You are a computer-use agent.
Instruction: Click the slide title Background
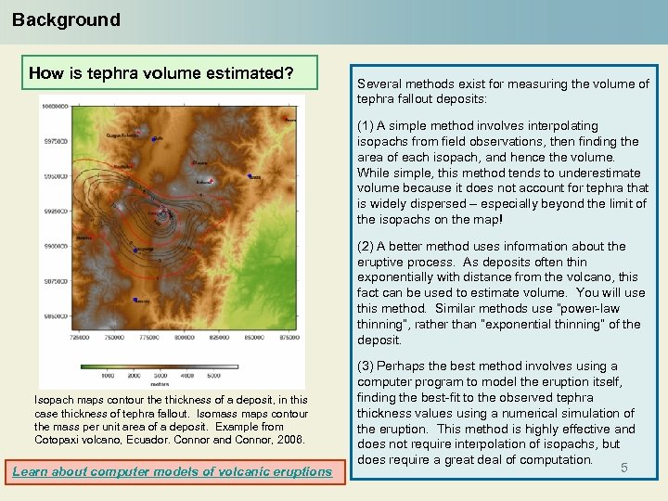tap(66, 19)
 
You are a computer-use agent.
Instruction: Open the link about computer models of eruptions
tap(172, 471)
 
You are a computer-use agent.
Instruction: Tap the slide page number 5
tap(624, 469)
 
